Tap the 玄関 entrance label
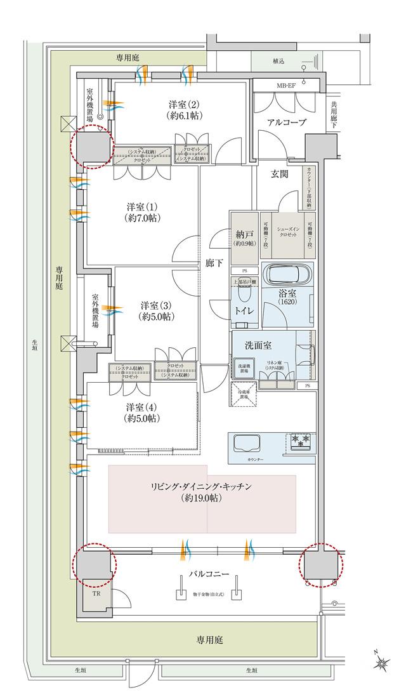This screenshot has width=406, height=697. pos(280,173)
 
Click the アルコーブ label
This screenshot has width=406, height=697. pos(286,123)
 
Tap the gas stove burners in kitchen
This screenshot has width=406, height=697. pos(301,439)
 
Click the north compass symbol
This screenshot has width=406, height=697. pos(383,663)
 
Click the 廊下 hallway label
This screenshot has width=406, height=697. pos(214,262)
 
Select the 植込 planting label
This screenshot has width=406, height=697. pos(278,62)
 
